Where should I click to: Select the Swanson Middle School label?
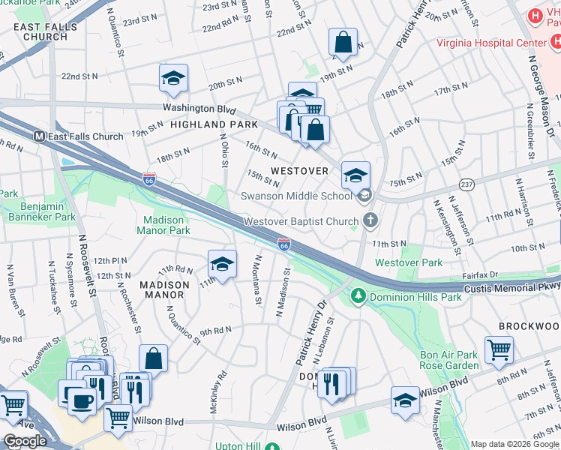(x=296, y=196)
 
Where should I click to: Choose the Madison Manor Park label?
(x=163, y=225)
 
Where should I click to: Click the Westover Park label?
(x=409, y=263)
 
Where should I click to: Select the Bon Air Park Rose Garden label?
(x=448, y=360)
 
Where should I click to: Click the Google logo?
(x=25, y=441)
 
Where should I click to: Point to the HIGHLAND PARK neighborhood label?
(x=214, y=124)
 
